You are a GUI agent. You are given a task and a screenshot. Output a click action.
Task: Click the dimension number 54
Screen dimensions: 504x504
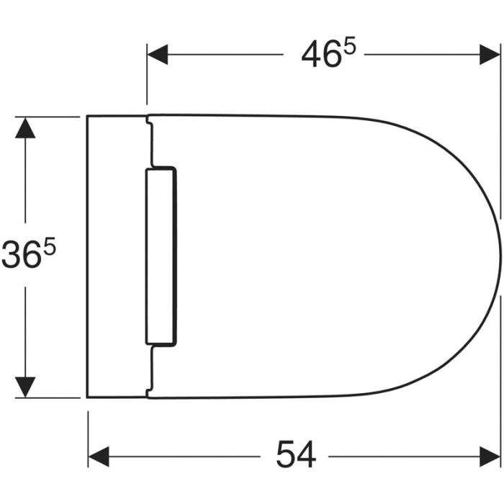pyautogui.click(x=295, y=455)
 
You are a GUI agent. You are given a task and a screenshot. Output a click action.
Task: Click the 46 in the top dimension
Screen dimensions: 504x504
pyautogui.click(x=320, y=55)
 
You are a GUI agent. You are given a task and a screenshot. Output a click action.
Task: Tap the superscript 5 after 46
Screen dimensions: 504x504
pyautogui.click(x=351, y=46)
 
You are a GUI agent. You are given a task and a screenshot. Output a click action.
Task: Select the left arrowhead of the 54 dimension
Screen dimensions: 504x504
pyautogui.click(x=98, y=455)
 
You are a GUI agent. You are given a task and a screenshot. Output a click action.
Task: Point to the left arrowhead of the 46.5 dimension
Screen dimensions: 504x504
pyautogui.click(x=157, y=55)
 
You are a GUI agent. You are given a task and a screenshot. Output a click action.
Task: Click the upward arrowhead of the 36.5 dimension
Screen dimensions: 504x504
pyautogui.click(x=26, y=127)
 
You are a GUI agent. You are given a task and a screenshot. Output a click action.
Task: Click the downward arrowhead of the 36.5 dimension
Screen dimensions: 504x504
pyautogui.click(x=26, y=387)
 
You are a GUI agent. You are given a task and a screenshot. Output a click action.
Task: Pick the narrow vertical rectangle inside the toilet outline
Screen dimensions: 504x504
pyautogui.click(x=161, y=256)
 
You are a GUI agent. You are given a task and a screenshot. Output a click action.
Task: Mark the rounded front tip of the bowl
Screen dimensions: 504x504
pyautogui.click(x=499, y=256)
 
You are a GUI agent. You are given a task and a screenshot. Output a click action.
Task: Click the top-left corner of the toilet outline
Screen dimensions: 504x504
pyautogui.click(x=87, y=115)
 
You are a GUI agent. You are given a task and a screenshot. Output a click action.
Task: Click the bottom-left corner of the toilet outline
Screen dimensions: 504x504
pyautogui.click(x=87, y=397)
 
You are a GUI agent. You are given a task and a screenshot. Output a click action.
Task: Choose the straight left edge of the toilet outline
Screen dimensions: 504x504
pyautogui.click(x=87, y=256)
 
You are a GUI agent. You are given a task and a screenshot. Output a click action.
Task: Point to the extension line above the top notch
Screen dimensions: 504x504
pyautogui.click(x=147, y=79)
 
